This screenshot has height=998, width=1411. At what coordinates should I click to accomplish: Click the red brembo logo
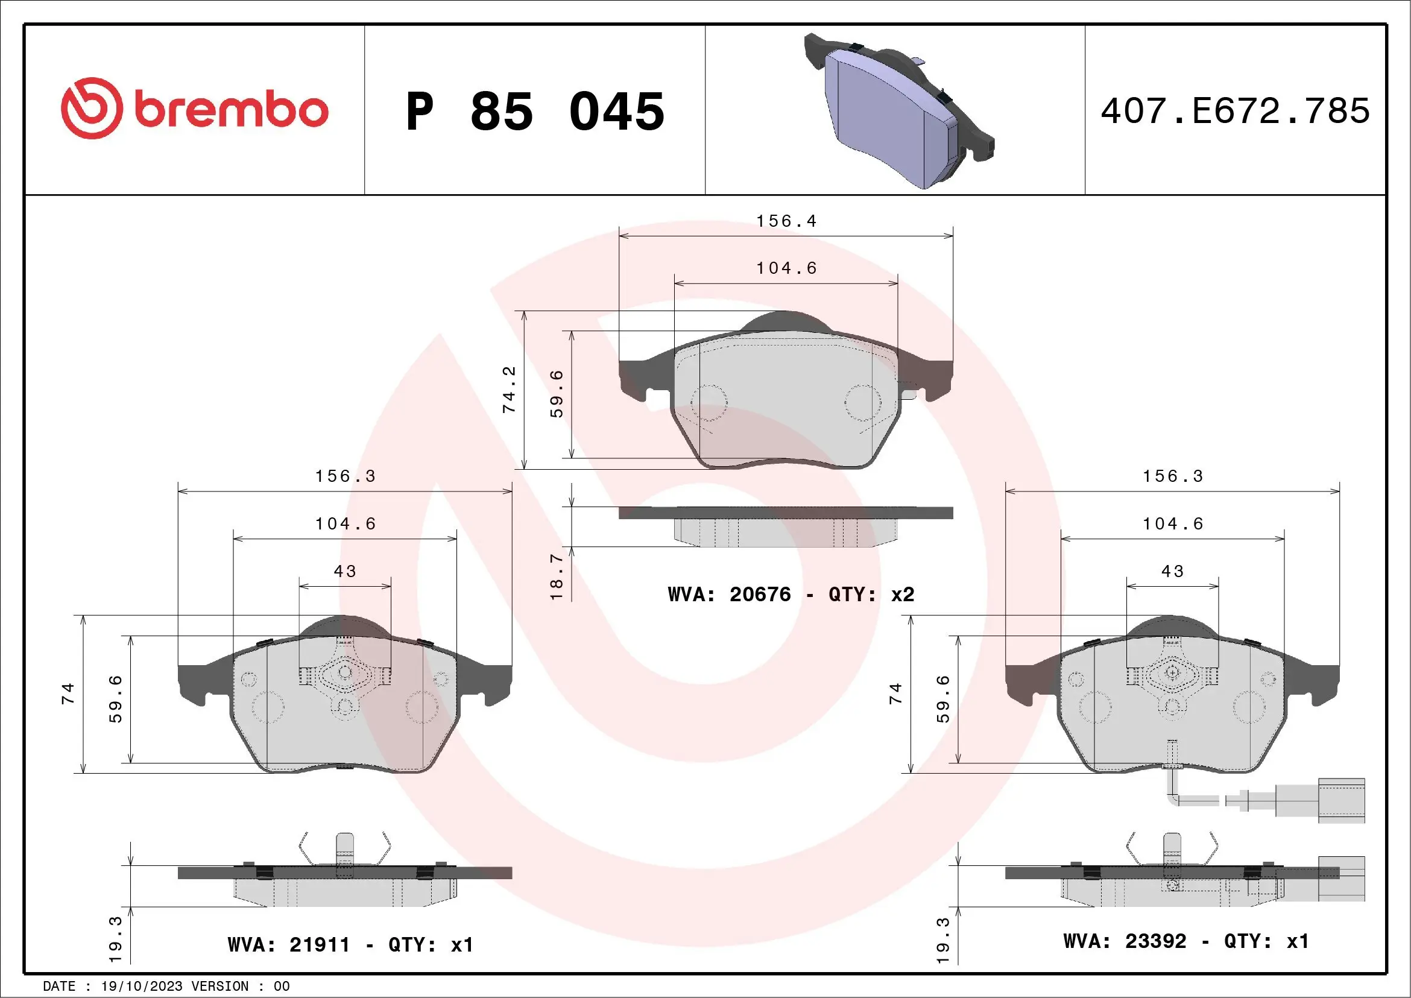pos(194,109)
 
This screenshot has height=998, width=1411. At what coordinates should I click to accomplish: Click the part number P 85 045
pos(535,112)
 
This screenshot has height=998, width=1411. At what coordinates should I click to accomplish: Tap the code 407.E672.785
pos(1236,111)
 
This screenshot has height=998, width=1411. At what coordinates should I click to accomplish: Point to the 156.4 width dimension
pos(786,221)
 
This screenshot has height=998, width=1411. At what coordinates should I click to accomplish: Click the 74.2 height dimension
pos(509,390)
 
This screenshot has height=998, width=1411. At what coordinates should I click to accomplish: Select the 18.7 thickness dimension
pos(555,576)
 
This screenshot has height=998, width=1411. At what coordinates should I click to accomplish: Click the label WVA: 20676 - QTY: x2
pos(791,594)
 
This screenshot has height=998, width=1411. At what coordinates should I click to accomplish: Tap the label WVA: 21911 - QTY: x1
pos(350,944)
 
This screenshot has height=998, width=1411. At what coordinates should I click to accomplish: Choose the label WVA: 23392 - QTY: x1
pos(1186,941)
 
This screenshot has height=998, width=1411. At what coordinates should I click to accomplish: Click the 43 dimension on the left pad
pos(345,572)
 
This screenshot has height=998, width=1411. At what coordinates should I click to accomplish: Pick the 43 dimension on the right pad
pos(1173,572)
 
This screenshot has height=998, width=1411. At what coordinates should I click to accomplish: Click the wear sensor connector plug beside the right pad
pos(1341,800)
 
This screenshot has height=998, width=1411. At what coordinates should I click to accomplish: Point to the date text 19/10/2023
pos(141,987)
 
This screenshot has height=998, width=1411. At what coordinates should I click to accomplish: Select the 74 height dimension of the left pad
pos(68,693)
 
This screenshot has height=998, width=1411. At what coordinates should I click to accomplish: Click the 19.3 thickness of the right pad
pos(942,940)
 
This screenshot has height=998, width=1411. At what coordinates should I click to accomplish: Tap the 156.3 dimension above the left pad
pos(345,476)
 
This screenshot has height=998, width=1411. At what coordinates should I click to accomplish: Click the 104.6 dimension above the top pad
pos(786,268)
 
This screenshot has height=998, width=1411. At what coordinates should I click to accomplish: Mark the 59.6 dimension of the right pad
pos(942,700)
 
